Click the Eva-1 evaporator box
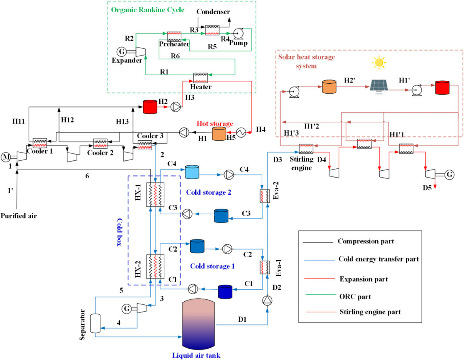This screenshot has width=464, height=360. point(264,267)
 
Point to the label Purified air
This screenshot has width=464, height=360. point(19,216)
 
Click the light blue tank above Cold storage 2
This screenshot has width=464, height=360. point(192,172)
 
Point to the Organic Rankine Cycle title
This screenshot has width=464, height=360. point(148,9)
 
